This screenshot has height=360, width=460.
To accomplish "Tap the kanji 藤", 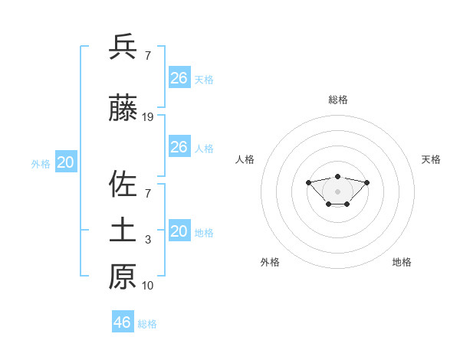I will point(123,110).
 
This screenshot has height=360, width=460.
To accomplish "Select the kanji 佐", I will point(123,185).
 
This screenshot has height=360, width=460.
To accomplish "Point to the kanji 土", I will point(123,231).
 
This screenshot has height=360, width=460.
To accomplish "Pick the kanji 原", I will point(123,277).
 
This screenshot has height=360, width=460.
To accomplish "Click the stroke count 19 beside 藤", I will point(148,117).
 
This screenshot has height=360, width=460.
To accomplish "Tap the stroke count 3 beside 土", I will point(148,240).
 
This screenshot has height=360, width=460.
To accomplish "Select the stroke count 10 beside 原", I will point(148,286).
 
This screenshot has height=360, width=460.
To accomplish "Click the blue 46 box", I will point(123,322).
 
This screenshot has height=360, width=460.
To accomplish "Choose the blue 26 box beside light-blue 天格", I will point(179,78).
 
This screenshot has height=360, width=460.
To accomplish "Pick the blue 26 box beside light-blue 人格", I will point(179,147).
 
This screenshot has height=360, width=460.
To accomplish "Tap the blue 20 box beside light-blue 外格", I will point(66,162).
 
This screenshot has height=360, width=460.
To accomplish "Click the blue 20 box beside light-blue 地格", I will point(179,231).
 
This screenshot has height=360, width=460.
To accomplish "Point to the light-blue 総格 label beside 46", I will point(147,324).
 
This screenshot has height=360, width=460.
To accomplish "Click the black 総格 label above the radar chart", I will point(337,100).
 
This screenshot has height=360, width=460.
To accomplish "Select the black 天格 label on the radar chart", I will point(432,159).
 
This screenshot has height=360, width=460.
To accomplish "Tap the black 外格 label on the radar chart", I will point(270,262).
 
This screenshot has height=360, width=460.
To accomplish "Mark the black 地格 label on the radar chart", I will point(402,262).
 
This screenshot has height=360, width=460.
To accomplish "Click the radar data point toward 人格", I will point(308,182).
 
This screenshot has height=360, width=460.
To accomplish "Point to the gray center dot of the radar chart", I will point(337,191).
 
